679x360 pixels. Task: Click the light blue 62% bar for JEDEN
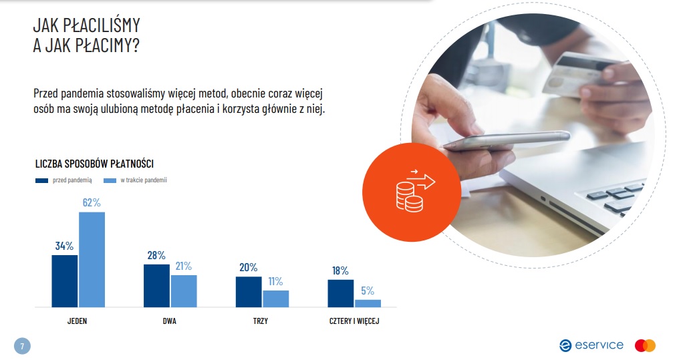tap(92, 260)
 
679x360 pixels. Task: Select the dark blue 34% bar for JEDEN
tap(65, 281)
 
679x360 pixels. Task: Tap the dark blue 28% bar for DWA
tap(157, 286)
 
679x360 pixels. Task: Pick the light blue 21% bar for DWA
tap(184, 291)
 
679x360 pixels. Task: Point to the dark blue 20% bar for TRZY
tap(249, 292)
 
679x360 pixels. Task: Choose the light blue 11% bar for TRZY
tap(276, 299)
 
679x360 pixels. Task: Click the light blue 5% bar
tap(368, 303)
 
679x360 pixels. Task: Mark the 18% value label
tap(340, 271)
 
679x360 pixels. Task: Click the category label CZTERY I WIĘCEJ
tap(354, 321)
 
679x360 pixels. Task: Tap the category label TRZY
tap(261, 321)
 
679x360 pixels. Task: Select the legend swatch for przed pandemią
tap(41, 180)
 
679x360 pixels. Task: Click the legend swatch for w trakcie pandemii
tap(110, 180)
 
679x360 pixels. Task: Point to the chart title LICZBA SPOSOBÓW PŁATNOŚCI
tap(94, 164)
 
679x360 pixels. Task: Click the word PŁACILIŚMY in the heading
tap(102, 25)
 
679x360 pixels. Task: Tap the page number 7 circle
tap(23, 346)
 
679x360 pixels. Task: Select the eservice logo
tap(591, 345)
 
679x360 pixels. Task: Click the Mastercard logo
tap(645, 346)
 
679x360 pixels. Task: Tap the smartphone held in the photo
tap(507, 140)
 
